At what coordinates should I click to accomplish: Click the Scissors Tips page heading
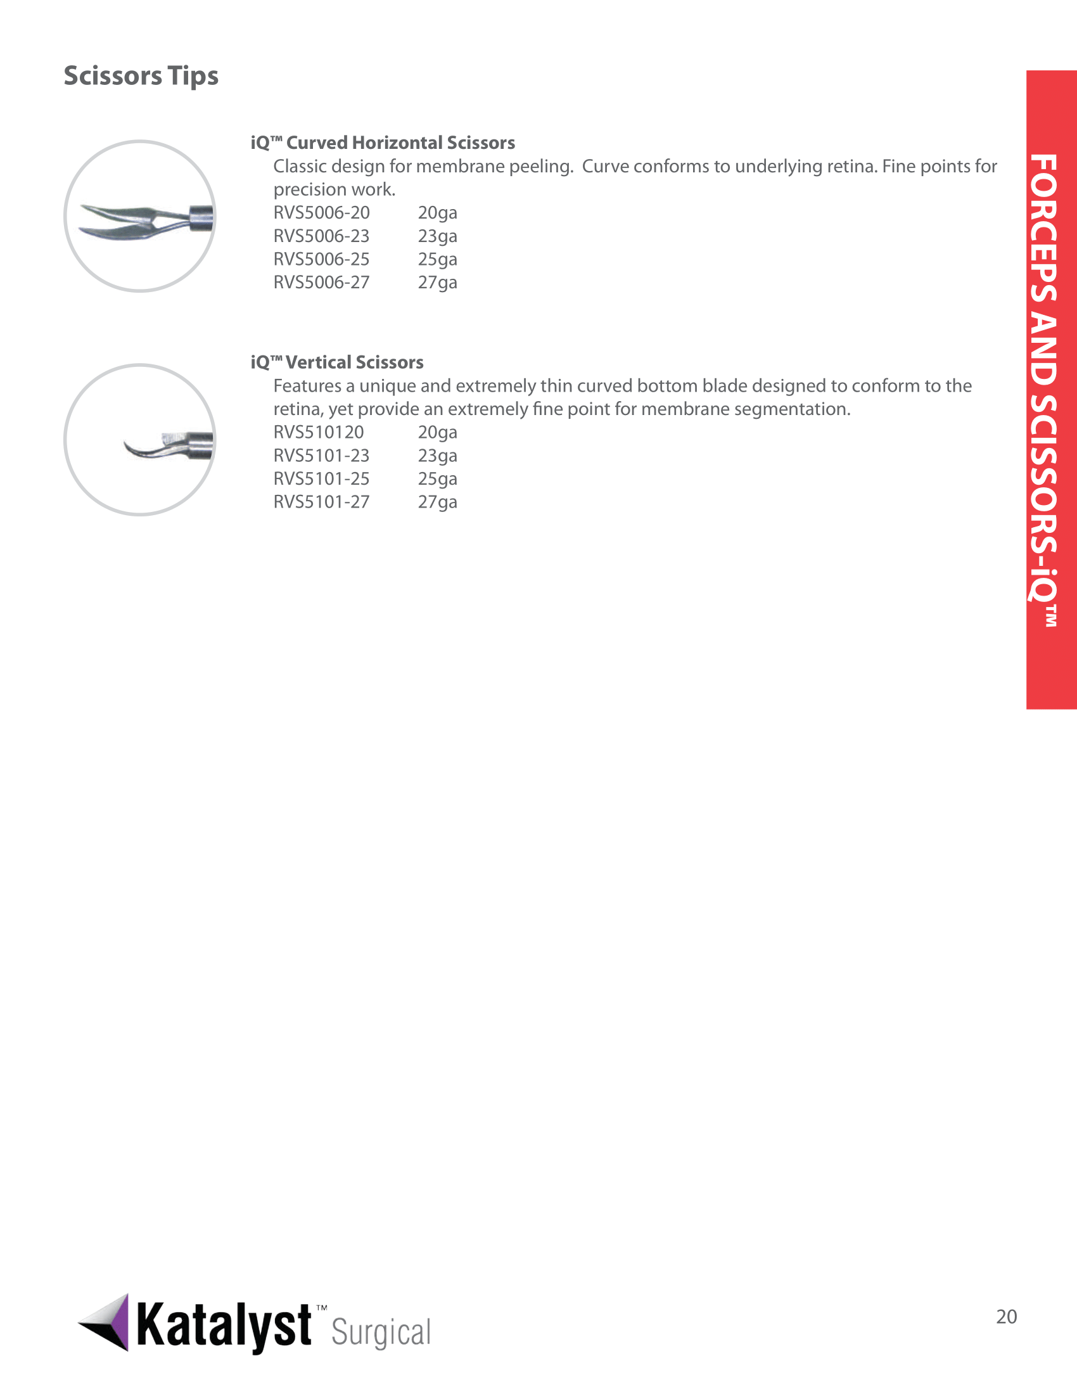click(141, 76)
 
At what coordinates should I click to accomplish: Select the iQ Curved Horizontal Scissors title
click(383, 143)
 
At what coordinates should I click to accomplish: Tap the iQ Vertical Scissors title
click(337, 362)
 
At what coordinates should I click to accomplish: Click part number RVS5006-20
click(322, 212)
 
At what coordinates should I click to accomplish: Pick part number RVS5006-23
click(322, 236)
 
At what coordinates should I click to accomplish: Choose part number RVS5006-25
click(322, 259)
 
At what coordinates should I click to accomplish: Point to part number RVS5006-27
click(322, 282)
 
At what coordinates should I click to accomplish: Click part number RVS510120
click(319, 432)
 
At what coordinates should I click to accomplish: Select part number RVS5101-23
click(322, 455)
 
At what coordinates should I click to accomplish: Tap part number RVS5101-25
click(322, 478)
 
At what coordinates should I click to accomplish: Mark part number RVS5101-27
click(322, 502)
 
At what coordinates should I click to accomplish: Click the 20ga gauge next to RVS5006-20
click(438, 212)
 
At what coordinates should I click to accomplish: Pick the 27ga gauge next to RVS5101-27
click(438, 502)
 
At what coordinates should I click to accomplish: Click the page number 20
click(1006, 1316)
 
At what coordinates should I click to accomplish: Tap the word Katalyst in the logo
click(224, 1326)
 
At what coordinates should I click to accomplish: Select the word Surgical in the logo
click(381, 1333)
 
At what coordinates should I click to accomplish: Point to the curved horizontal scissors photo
click(141, 217)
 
